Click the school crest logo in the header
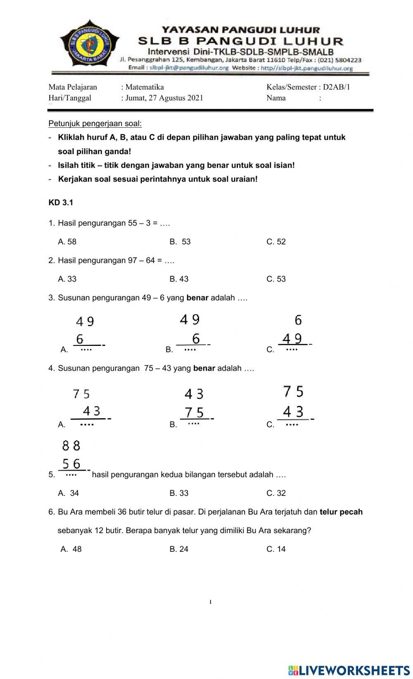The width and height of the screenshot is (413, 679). pos(90,45)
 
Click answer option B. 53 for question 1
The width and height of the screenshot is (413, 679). pos(180,242)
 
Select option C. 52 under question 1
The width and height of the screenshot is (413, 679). pos(276,242)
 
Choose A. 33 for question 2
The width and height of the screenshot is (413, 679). pos(67,279)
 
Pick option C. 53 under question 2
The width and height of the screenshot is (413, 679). pos(276,279)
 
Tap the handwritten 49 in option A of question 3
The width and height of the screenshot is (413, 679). pos(85,322)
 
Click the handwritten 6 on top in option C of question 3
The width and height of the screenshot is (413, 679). pos(298,320)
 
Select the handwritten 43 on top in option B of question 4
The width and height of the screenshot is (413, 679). pos(194,394)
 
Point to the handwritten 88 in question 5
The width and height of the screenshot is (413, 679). pos(71,446)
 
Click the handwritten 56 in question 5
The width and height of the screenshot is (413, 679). pos(71,464)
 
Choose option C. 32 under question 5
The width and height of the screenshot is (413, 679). pos(276,493)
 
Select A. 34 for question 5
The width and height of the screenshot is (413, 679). pos(69,493)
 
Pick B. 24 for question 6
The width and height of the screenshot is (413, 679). pos(179,549)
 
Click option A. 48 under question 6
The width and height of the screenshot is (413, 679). pos(71,549)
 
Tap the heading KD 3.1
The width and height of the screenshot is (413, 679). pos(61,203)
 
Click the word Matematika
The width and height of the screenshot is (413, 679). pos(145,87)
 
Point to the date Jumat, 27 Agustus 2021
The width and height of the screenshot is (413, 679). pos(164,98)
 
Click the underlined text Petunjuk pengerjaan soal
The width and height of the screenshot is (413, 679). pos(95,124)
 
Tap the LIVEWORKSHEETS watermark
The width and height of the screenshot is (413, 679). pos(349,670)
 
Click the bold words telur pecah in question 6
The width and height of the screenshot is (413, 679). pos(341,512)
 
